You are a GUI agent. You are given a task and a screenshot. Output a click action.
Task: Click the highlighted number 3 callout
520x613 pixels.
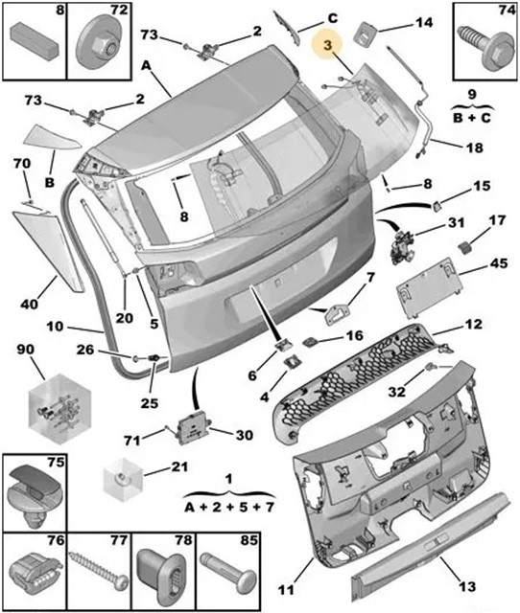pos(327,45)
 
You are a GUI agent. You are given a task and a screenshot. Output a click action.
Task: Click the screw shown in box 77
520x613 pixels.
pos(98,573)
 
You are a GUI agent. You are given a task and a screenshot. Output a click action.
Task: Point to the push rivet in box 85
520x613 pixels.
pos(228,576)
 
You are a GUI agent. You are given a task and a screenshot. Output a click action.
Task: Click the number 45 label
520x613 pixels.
pos(498,263)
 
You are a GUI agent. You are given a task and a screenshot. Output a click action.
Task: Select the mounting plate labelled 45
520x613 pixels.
pos(429,286)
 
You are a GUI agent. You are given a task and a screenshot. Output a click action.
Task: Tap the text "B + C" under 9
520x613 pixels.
pos(472,117)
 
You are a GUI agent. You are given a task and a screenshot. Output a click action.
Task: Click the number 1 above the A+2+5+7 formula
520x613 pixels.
pos(229,479)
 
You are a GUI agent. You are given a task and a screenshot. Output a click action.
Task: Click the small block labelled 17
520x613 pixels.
pos(464,248)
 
